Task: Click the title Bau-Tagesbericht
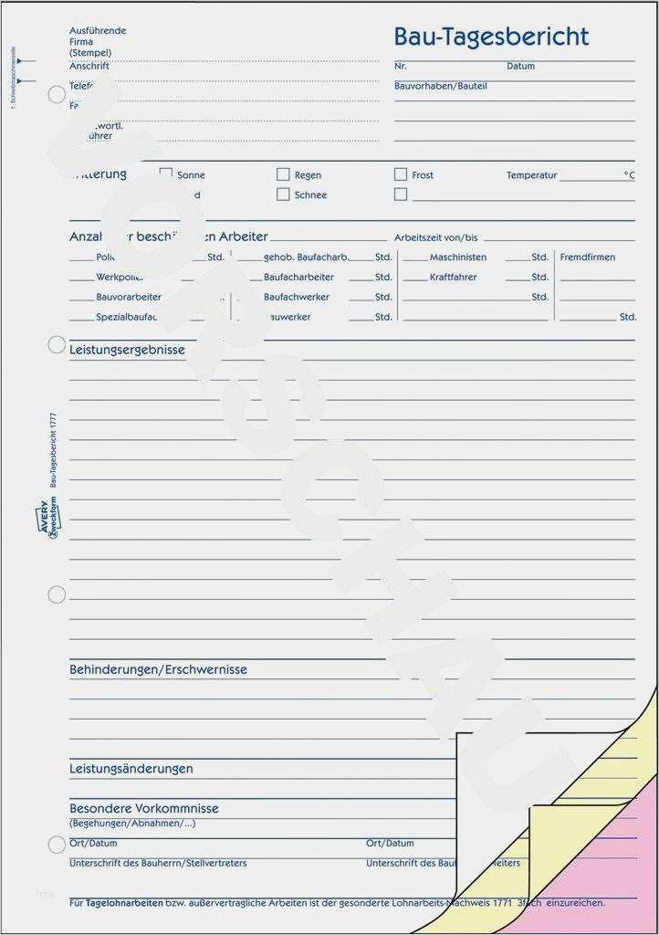[491, 37]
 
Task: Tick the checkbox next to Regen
[283, 174]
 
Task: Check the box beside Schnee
[283, 194]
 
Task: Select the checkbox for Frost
[400, 174]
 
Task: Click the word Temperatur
[531, 175]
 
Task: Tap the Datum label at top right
[520, 67]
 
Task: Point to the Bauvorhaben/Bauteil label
[440, 86]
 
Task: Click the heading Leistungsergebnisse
[127, 350]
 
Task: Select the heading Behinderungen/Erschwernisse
[158, 669]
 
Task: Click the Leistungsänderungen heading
[131, 769]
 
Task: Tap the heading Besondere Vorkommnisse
[143, 808]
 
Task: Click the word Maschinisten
[457, 257]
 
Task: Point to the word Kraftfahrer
[453, 278]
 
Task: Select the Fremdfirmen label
[587, 257]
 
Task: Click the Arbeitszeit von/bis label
[435, 237]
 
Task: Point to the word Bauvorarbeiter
[128, 298]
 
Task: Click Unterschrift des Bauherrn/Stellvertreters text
[158, 863]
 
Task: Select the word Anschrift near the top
[89, 67]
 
